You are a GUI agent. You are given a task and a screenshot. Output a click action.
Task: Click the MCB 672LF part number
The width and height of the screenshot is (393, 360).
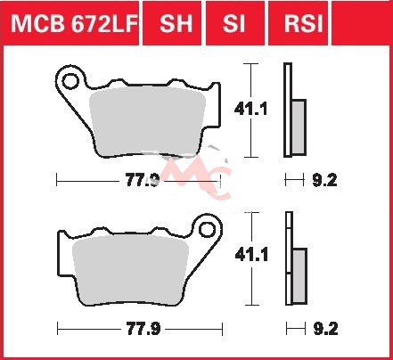(x=74, y=24)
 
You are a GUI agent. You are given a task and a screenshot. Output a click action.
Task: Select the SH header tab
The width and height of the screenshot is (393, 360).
(x=176, y=24)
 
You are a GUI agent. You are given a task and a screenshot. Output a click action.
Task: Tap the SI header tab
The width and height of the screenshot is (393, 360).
(x=234, y=24)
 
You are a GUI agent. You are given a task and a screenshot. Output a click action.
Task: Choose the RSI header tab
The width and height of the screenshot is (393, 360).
(x=303, y=24)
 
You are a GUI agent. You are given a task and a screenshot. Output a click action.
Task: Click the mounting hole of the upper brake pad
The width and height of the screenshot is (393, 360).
(x=70, y=81)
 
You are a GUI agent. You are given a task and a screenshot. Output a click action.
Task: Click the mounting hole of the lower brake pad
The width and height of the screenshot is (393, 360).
(x=207, y=230)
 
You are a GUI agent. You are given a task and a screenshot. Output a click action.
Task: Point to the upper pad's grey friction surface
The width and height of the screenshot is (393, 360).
(x=148, y=122)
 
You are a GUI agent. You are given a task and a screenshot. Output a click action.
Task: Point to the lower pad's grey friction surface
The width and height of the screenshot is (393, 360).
(x=131, y=270)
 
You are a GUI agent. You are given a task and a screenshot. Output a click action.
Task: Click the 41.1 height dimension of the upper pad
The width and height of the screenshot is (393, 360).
(x=250, y=109)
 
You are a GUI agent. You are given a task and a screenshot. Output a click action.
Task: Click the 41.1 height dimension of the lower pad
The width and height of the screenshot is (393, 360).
(x=251, y=255)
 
